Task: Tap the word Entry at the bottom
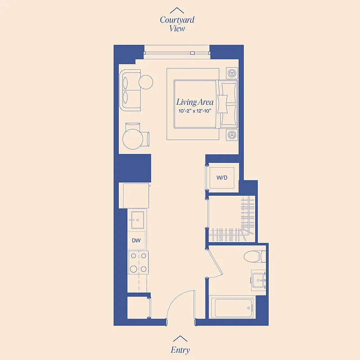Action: (180, 350)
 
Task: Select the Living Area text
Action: (195, 102)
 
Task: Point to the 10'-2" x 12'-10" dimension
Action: (195, 111)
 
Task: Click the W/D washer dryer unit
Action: (222, 178)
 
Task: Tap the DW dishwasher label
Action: (136, 240)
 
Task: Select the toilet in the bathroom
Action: (254, 257)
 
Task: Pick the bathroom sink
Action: (260, 279)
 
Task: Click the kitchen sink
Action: (136, 220)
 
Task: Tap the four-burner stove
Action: (138, 262)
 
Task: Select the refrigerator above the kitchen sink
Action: (134, 195)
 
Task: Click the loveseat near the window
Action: (129, 90)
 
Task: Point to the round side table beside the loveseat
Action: (145, 81)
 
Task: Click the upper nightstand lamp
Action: (232, 73)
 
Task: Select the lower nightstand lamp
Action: (232, 134)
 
